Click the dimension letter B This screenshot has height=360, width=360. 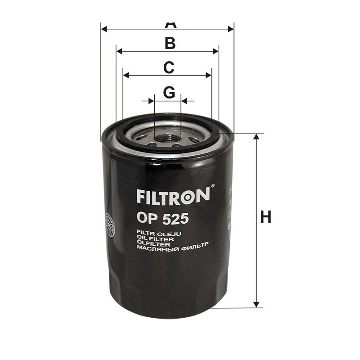coord(170,43)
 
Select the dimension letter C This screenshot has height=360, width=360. coord(168,67)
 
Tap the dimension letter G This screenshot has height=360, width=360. coord(169,92)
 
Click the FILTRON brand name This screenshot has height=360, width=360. coord(172,196)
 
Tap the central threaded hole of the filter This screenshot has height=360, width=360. coord(167,135)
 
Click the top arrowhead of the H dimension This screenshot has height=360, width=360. coord(257,137)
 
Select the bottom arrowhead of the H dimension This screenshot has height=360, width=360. coord(257,305)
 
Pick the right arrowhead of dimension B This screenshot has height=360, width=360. coord(216,51)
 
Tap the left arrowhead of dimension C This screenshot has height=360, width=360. coord(126,75)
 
